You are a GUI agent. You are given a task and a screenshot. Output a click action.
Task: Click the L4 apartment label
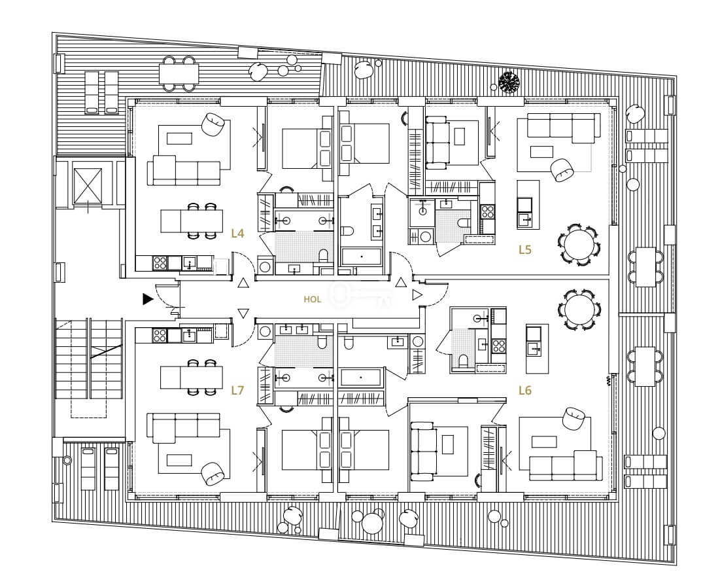(237, 234)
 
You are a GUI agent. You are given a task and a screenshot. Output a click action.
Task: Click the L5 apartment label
(525, 249)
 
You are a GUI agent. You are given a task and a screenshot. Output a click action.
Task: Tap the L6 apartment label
(525, 391)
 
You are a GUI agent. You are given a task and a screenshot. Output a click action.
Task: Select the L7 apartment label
(237, 391)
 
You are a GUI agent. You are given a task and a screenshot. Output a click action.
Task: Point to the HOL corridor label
(312, 300)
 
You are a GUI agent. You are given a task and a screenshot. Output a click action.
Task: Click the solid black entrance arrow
(147, 299)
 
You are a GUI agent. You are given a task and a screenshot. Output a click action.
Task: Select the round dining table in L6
(579, 310)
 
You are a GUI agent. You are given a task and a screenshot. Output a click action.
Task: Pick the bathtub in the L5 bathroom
(362, 257)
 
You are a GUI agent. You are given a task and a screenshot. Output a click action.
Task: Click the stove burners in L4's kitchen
(160, 263)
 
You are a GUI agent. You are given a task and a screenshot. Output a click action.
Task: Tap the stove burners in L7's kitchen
(160, 335)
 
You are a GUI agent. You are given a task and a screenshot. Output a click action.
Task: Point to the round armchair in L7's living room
(213, 474)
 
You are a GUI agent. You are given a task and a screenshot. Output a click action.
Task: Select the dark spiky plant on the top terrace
(509, 82)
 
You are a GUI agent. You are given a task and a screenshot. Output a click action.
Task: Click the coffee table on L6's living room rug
(544, 442)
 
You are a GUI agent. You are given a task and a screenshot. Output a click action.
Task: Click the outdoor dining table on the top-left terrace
(179, 73)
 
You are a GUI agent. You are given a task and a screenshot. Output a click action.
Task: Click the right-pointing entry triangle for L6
(417, 295)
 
